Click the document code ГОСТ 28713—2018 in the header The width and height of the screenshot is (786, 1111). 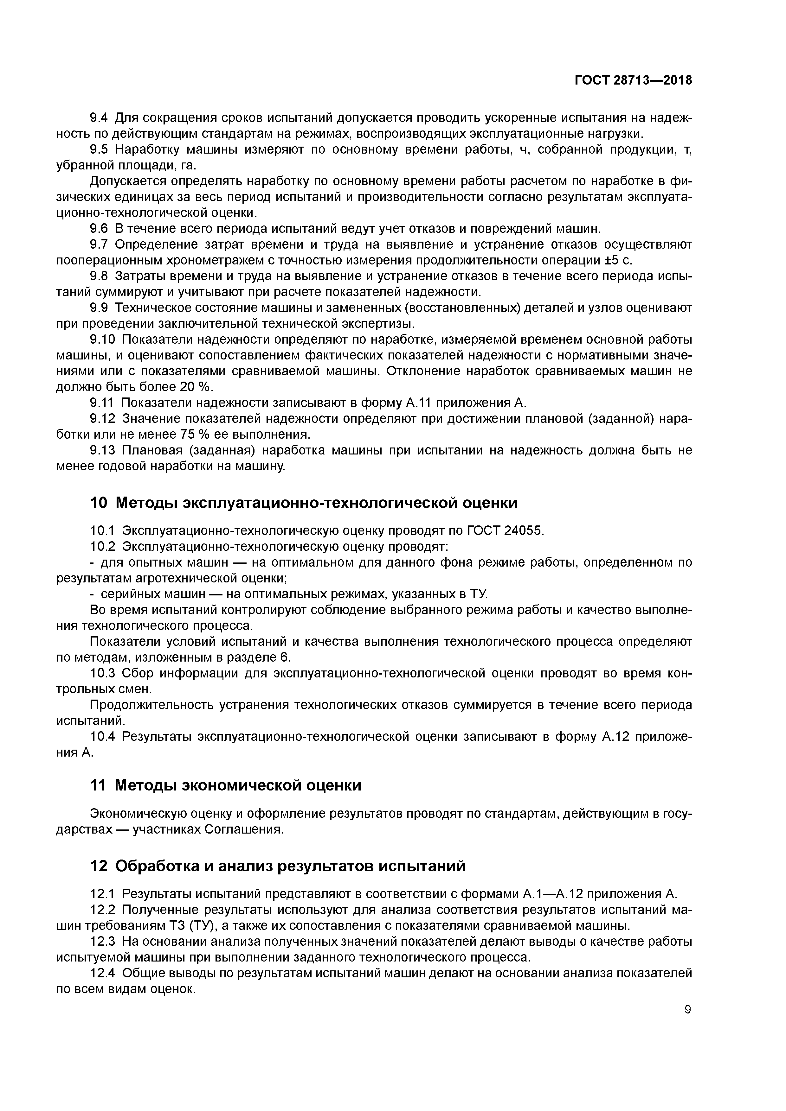point(633,80)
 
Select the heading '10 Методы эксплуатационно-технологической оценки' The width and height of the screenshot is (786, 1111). point(304,503)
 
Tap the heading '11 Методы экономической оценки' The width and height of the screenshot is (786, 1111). point(226,785)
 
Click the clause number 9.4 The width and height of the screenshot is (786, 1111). point(100,117)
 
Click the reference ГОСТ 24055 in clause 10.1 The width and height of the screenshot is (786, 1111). point(505,531)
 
